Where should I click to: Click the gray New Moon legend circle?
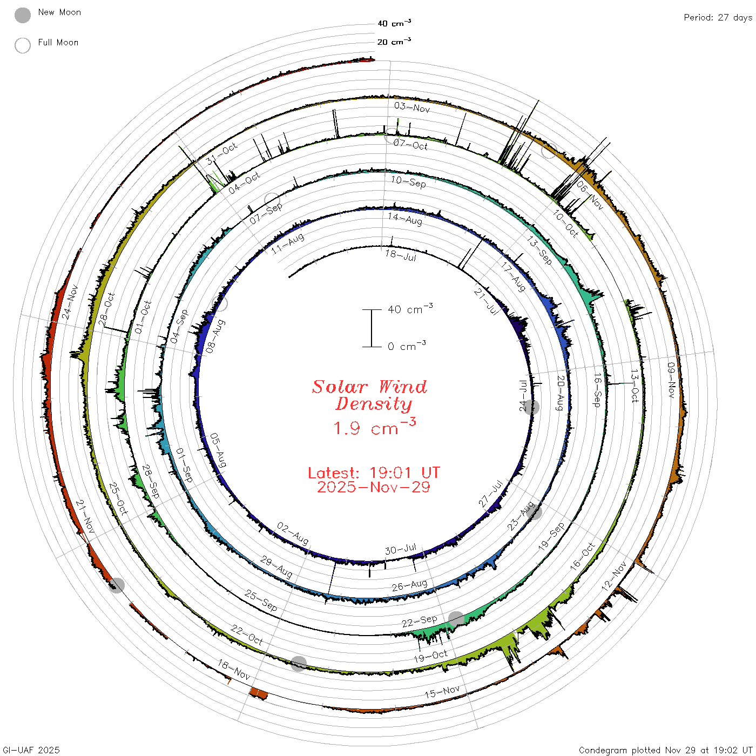click(22, 15)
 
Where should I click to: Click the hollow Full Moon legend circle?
click(22, 45)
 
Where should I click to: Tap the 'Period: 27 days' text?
click(718, 18)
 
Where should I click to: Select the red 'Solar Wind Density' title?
click(369, 395)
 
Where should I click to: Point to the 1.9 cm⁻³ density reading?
click(375, 428)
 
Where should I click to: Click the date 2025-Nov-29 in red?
click(374, 487)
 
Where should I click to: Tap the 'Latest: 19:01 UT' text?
click(374, 473)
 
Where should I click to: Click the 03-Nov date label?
click(412, 107)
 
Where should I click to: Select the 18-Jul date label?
click(401, 255)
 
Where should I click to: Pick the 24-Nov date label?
click(70, 302)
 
